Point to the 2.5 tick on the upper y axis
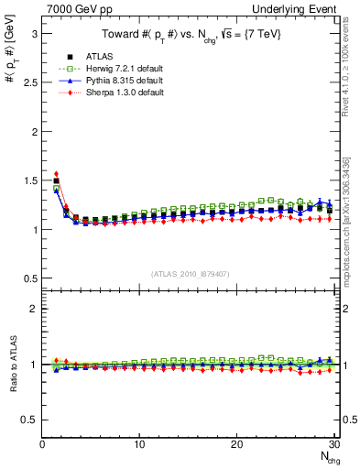pyautogui.click(x=27, y=82)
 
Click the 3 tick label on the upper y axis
pyautogui.click(x=33, y=33)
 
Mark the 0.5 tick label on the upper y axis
pyautogui.click(x=27, y=278)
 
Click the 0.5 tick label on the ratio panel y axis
pyautogui.click(x=27, y=420)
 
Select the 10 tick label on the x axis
pyautogui.click(x=139, y=444)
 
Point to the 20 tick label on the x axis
pyautogui.click(x=236, y=444)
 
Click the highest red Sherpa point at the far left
pyautogui.click(x=57, y=173)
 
